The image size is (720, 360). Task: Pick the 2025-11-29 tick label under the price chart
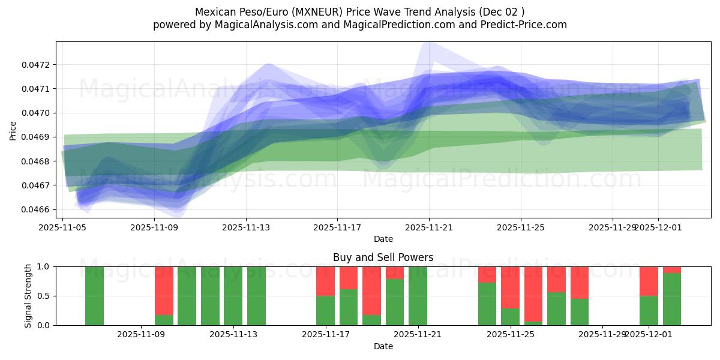coord(612,228)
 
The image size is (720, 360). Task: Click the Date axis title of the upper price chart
coord(383,239)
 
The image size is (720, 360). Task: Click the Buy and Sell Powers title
coord(383,257)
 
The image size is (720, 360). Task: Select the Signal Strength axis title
coord(28,295)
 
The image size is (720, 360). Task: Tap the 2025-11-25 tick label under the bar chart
coord(510,335)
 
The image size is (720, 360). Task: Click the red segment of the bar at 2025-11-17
coord(325,281)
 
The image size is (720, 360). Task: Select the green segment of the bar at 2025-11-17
coord(325,310)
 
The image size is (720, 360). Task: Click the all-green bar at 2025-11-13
coord(233,296)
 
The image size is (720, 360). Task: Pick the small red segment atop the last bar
coord(671,269)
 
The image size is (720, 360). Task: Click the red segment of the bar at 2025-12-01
coord(649,281)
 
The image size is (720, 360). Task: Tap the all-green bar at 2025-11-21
coord(418,296)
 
